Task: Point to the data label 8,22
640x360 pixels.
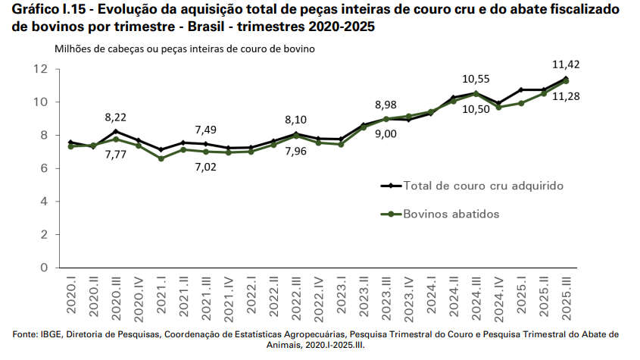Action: point(117,117)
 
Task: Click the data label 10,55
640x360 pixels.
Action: point(476,78)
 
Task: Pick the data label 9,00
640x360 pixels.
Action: point(386,134)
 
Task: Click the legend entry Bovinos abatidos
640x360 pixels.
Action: point(451,214)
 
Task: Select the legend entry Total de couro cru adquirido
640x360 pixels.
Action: point(484,185)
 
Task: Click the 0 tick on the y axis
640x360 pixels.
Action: point(45,268)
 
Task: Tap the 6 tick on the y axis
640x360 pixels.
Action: point(45,168)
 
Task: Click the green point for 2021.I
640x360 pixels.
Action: point(161,158)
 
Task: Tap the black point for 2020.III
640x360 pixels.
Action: point(115,131)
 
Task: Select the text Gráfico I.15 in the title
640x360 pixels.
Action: point(47,10)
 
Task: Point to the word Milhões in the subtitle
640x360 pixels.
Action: point(74,49)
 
